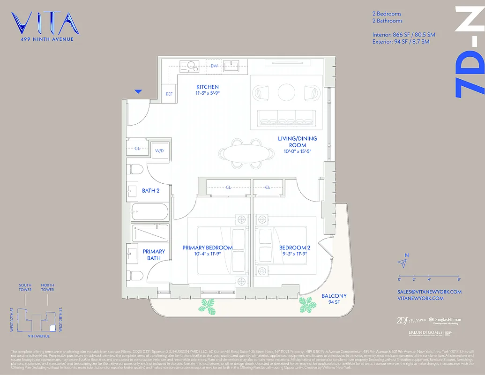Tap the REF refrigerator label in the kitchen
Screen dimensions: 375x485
coord(169,94)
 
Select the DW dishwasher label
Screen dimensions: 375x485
coord(214,66)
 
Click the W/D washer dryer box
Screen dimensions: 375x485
coord(159,151)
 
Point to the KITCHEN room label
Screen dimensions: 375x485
coord(207,87)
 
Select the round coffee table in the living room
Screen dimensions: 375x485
coord(286,92)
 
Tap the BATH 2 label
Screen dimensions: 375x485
coord(151,191)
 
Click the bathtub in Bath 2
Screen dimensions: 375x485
coord(149,212)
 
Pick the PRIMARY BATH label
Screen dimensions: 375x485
coord(154,255)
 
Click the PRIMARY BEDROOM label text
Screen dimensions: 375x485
coord(208,248)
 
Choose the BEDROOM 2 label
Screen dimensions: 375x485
coord(295,248)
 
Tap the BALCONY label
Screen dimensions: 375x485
coord(334,296)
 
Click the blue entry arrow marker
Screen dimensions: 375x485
coord(138,91)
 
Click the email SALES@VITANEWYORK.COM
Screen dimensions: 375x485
coord(429,292)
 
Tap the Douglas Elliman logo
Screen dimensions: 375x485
coord(445,321)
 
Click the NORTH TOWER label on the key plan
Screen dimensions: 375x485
coord(47,287)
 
